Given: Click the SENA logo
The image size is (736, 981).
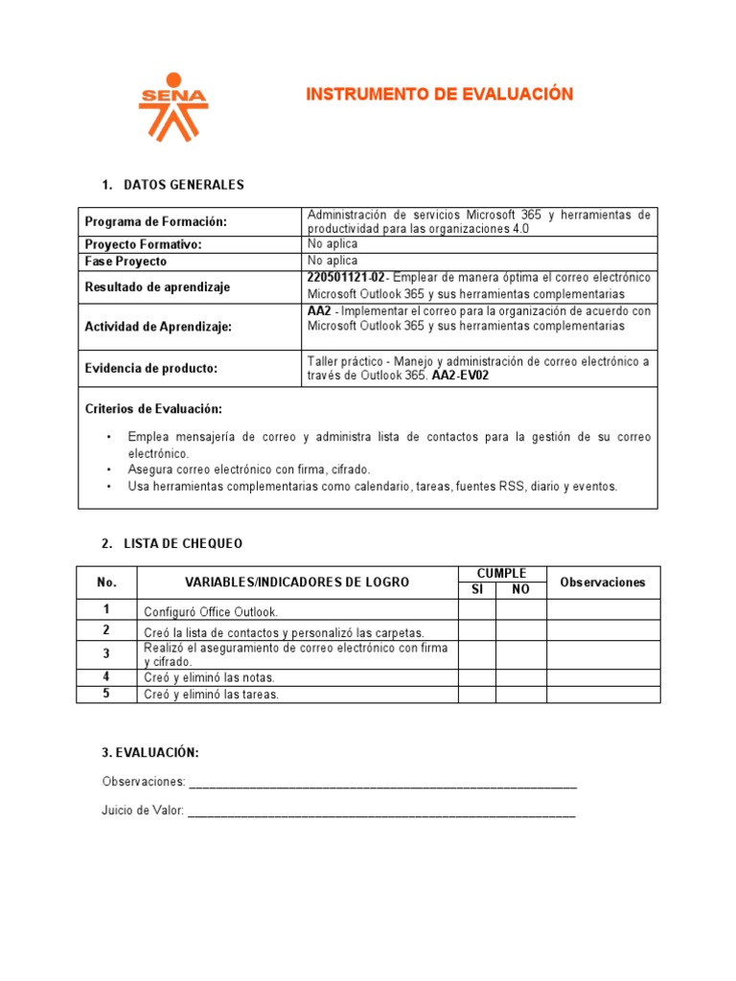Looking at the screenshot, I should coord(172,106).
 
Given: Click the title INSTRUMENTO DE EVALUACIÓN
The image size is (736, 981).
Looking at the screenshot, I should coord(439,94).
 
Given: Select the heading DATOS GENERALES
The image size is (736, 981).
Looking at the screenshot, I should coord(184,185).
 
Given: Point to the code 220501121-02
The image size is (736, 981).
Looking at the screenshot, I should coord(346,277).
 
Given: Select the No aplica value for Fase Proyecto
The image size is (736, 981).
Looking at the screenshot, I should coord(333,261).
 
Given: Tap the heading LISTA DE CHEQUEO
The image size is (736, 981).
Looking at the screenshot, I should coord(183,543).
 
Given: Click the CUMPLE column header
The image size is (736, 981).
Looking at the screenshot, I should coord(502,574).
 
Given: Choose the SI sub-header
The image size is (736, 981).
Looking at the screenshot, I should coord(476,589).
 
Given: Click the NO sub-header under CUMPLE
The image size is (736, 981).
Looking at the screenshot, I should coord(520,589).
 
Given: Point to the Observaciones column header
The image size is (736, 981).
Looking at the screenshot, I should coord(603,582).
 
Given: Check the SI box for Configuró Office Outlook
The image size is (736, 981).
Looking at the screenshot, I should coord(476,609).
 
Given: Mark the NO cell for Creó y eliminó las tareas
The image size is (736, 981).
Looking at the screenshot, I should coord(520,695).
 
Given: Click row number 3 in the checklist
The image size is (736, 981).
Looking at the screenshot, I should coord(106,654).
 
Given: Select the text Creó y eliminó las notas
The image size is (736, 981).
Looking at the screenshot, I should coord(210,678).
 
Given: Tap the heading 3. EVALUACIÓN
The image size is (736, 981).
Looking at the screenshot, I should coord(150,752).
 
